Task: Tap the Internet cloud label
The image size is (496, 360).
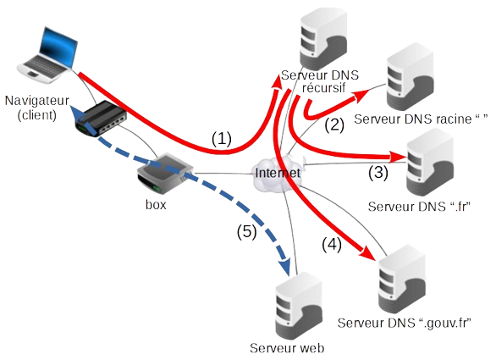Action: tap(277, 173)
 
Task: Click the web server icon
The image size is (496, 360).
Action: tap(299, 303)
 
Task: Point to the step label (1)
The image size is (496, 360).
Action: tap(222, 140)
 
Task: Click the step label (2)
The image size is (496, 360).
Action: tap(335, 125)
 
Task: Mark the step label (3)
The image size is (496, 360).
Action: tap(378, 174)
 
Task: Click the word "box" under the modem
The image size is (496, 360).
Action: tap(154, 204)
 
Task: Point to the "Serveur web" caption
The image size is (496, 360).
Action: tap(288, 348)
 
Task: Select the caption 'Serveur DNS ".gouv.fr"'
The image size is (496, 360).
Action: tap(405, 324)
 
